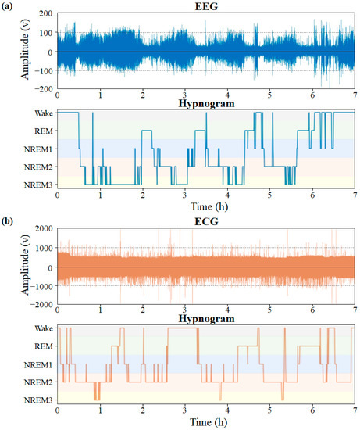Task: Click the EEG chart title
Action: (x=206, y=6)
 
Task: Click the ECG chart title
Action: (x=206, y=221)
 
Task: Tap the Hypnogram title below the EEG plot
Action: (x=206, y=104)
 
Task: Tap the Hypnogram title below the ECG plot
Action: (x=206, y=319)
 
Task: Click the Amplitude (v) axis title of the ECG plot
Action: (x=11, y=267)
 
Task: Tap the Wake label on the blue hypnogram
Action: (x=43, y=113)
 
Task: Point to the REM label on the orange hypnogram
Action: (x=44, y=346)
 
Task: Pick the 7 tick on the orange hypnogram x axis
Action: (x=355, y=410)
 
